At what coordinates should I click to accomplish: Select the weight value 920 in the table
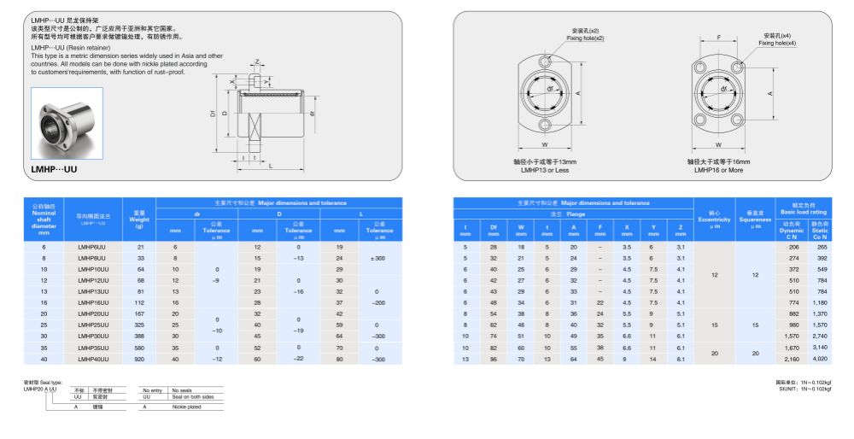click(140, 359)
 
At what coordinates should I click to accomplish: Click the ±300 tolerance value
click(377, 257)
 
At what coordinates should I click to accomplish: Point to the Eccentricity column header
click(714, 220)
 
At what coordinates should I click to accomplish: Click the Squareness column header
click(755, 220)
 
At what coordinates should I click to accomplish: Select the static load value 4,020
click(821, 359)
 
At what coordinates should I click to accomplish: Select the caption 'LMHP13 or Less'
click(545, 170)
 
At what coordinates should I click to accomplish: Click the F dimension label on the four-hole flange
click(720, 37)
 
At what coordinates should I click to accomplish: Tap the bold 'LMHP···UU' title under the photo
click(54, 170)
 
